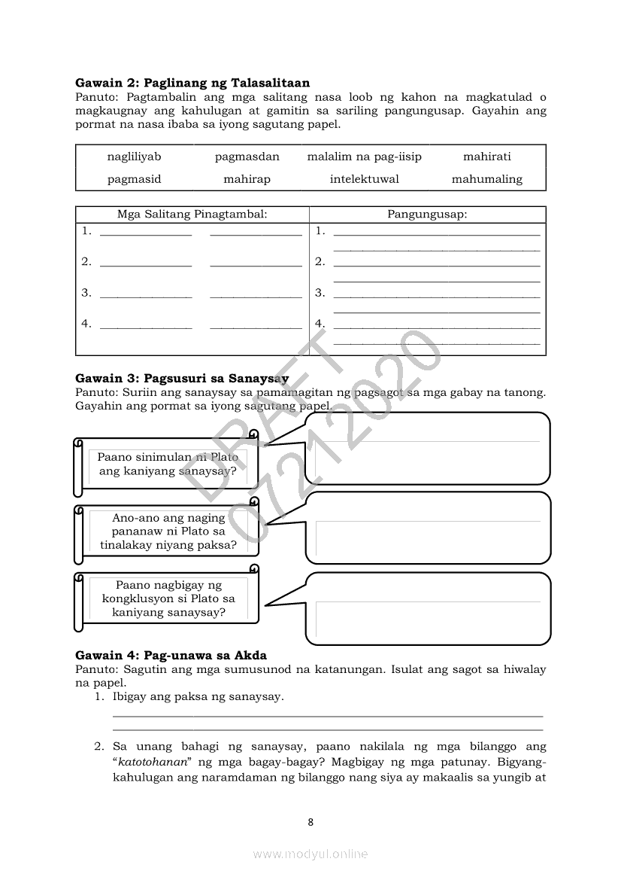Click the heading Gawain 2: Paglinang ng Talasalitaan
(192, 83)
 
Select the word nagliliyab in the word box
(134, 157)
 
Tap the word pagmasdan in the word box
(247, 157)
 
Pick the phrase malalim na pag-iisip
(364, 157)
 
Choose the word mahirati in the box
(486, 157)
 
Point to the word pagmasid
(134, 179)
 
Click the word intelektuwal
(364, 179)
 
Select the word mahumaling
(486, 179)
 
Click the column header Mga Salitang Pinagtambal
(192, 215)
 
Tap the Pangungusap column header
(427, 215)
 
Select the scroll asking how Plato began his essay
(168, 464)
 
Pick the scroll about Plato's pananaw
(168, 531)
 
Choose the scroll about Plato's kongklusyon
(168, 598)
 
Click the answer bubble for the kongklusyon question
(429, 605)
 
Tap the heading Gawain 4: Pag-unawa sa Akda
(171, 656)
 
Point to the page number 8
(310, 822)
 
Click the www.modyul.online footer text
(310, 854)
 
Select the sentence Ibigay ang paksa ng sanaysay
(198, 697)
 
